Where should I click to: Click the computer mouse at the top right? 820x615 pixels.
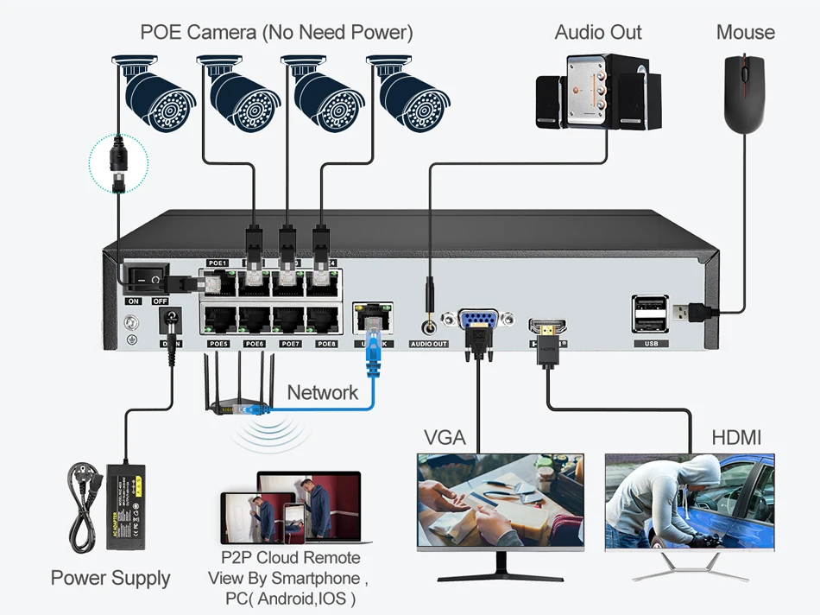pos(744,92)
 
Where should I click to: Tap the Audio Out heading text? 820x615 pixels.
pos(598,33)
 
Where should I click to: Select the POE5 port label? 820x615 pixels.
pos(218,344)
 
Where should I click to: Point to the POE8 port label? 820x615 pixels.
pos(326,344)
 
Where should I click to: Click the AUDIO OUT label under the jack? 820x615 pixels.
pos(429,344)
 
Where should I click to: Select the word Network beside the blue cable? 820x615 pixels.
pos(322,392)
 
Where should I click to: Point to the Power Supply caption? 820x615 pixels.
pos(110,578)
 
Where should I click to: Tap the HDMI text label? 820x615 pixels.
pos(736,438)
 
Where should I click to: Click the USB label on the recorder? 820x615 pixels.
pos(650,344)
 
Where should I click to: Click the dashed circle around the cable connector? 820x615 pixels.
pos(119,163)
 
